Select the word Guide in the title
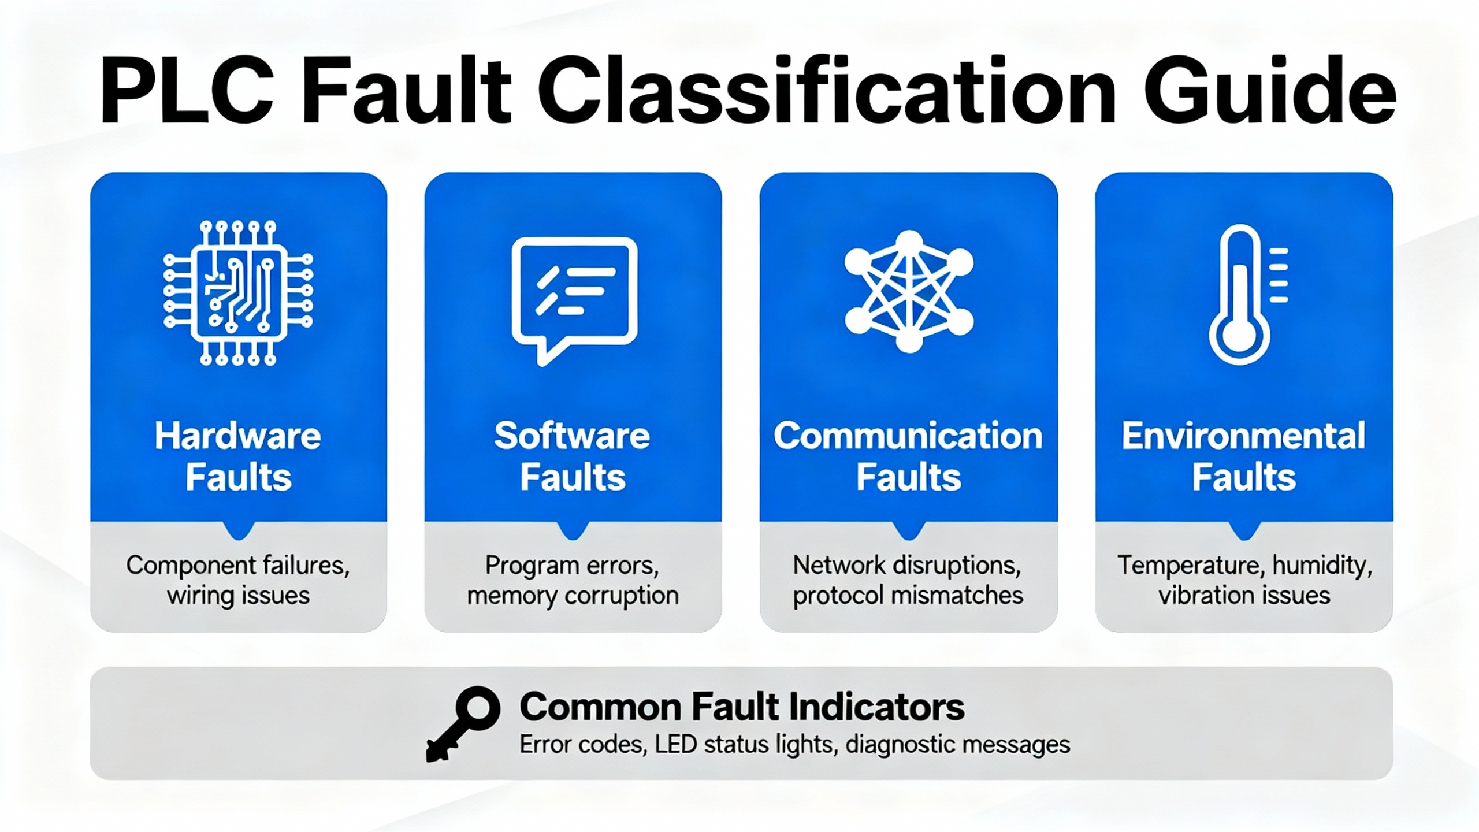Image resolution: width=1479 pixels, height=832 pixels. (x=1270, y=91)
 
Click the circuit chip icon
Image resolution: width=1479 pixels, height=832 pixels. (x=238, y=293)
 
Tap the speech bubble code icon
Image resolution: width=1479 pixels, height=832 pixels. (x=574, y=300)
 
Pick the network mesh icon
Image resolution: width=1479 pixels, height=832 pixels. (x=909, y=291)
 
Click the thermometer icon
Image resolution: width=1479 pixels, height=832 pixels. (x=1247, y=295)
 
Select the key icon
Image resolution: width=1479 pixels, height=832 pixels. (x=462, y=723)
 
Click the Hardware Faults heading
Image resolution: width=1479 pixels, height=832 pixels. (x=238, y=456)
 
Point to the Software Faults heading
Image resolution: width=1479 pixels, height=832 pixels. (x=573, y=456)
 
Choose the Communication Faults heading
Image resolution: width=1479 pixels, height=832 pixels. (x=908, y=456)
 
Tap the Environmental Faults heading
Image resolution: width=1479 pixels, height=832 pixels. (x=1244, y=456)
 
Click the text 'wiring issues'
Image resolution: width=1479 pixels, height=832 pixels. (x=239, y=596)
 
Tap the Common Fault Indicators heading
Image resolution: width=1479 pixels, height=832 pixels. (x=742, y=706)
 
